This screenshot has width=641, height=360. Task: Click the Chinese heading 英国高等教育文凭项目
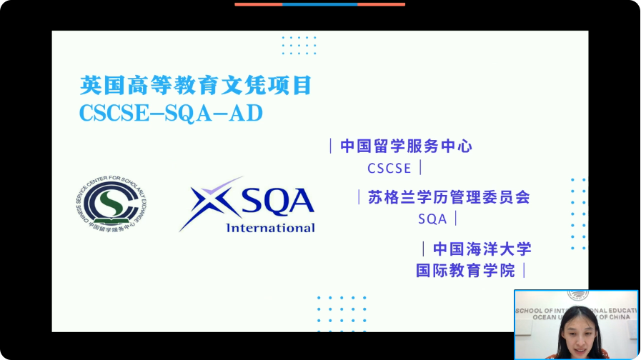(x=196, y=86)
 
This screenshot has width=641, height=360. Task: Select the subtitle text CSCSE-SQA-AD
(x=172, y=114)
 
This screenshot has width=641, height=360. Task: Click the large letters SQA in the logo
(x=278, y=201)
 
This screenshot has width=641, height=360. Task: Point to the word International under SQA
(x=270, y=228)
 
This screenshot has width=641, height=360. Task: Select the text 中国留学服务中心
(x=406, y=146)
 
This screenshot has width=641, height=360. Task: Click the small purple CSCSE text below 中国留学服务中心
(x=389, y=169)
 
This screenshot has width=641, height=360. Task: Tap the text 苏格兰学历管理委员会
(x=448, y=197)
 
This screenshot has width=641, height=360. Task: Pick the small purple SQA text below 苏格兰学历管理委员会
(x=432, y=219)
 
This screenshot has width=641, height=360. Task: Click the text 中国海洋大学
(x=482, y=249)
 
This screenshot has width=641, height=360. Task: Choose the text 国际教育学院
(x=465, y=271)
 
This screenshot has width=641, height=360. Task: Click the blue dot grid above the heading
(x=298, y=45)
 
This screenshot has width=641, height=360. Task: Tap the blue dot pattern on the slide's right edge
(x=578, y=214)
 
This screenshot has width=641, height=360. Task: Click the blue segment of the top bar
(x=319, y=4)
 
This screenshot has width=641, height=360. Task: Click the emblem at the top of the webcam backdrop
(x=576, y=295)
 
